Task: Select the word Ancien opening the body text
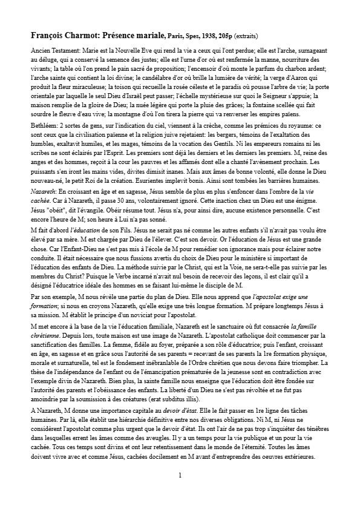tap(41, 47)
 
